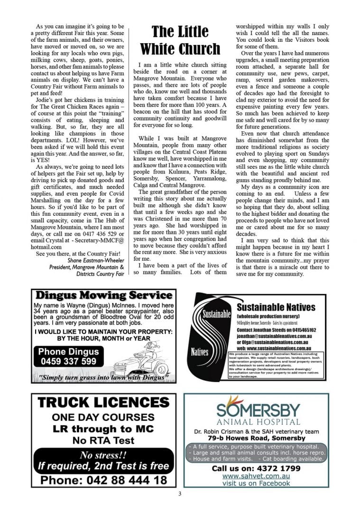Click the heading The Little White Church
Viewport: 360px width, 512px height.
(180, 40)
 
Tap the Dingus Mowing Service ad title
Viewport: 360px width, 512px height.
(103, 296)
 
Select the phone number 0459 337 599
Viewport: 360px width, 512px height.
(68, 361)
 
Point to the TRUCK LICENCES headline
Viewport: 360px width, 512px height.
(103, 403)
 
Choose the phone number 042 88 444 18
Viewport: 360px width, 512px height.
(103, 480)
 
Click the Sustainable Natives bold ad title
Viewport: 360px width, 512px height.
(276, 307)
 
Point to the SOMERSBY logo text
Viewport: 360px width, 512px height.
(258, 410)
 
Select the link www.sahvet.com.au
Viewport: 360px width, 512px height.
(256, 475)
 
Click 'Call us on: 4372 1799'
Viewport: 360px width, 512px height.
(256, 468)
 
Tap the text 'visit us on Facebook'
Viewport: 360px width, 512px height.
(256, 483)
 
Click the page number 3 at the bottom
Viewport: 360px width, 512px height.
(180, 494)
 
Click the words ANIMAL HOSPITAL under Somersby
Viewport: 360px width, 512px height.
(258, 421)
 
